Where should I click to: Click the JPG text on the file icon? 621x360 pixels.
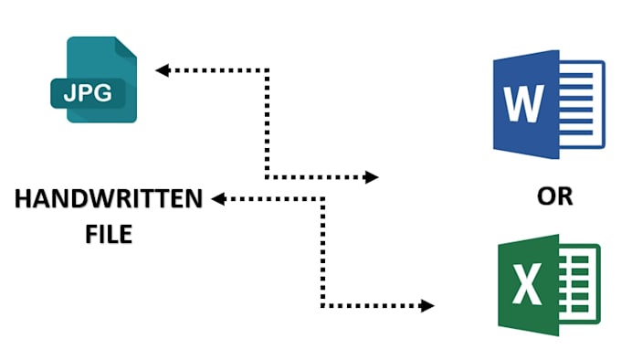(x=88, y=91)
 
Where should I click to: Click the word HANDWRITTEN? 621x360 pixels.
(x=108, y=198)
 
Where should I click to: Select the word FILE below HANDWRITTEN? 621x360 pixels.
(x=109, y=234)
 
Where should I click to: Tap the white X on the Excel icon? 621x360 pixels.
(x=527, y=285)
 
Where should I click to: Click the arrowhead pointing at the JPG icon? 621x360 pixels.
(x=162, y=69)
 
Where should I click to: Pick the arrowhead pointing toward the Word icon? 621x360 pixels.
(x=372, y=177)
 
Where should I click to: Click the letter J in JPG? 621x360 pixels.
(x=68, y=91)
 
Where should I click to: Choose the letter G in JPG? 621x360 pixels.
(x=107, y=91)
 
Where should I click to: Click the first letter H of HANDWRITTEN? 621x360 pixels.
(x=22, y=198)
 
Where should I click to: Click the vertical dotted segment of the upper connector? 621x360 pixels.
(x=267, y=123)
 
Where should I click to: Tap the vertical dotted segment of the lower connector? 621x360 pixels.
(x=322, y=251)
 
